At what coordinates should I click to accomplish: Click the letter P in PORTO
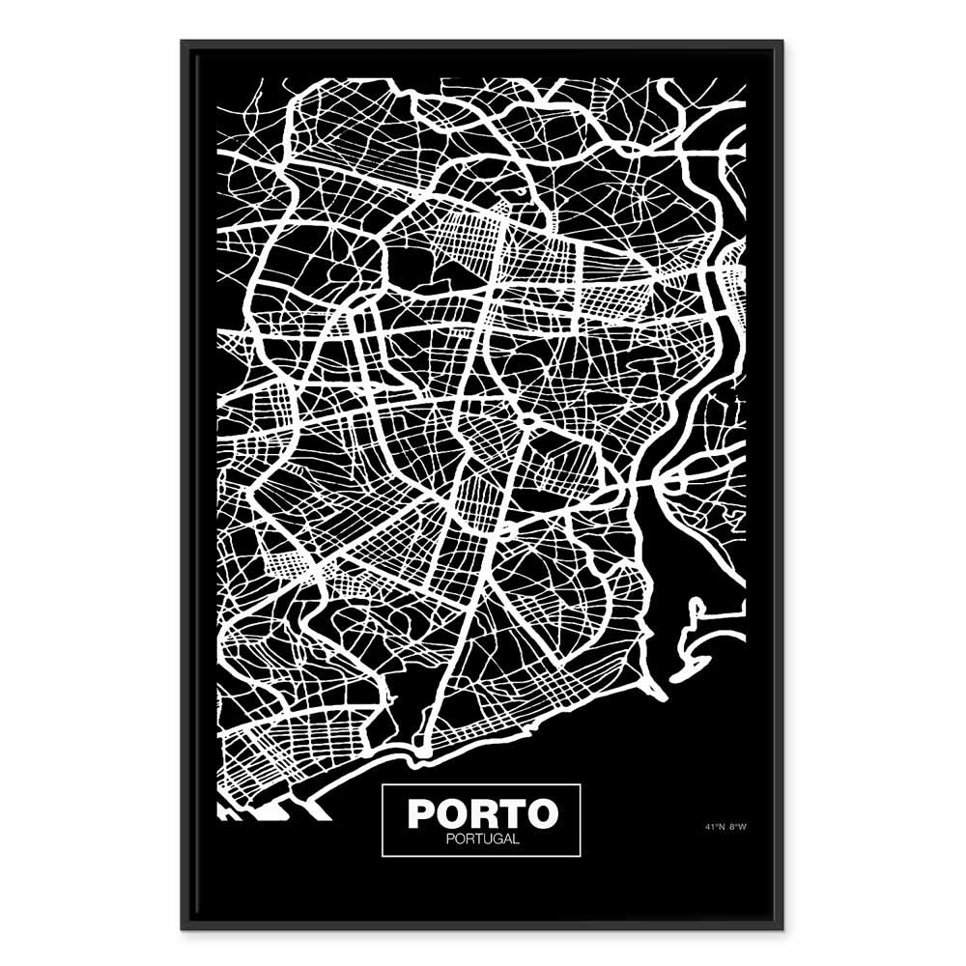422,813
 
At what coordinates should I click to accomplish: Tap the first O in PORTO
452,813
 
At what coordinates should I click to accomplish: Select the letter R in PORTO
483,813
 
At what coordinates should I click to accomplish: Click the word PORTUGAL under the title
483,838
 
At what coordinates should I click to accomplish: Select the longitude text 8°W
738,827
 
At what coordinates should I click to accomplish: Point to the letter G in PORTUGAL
495,838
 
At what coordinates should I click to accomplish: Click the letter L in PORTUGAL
516,838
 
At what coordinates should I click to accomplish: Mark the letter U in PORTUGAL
483,838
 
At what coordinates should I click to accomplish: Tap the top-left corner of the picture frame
182,41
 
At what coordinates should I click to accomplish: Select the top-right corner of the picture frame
782,41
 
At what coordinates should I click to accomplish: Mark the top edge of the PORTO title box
482,785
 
